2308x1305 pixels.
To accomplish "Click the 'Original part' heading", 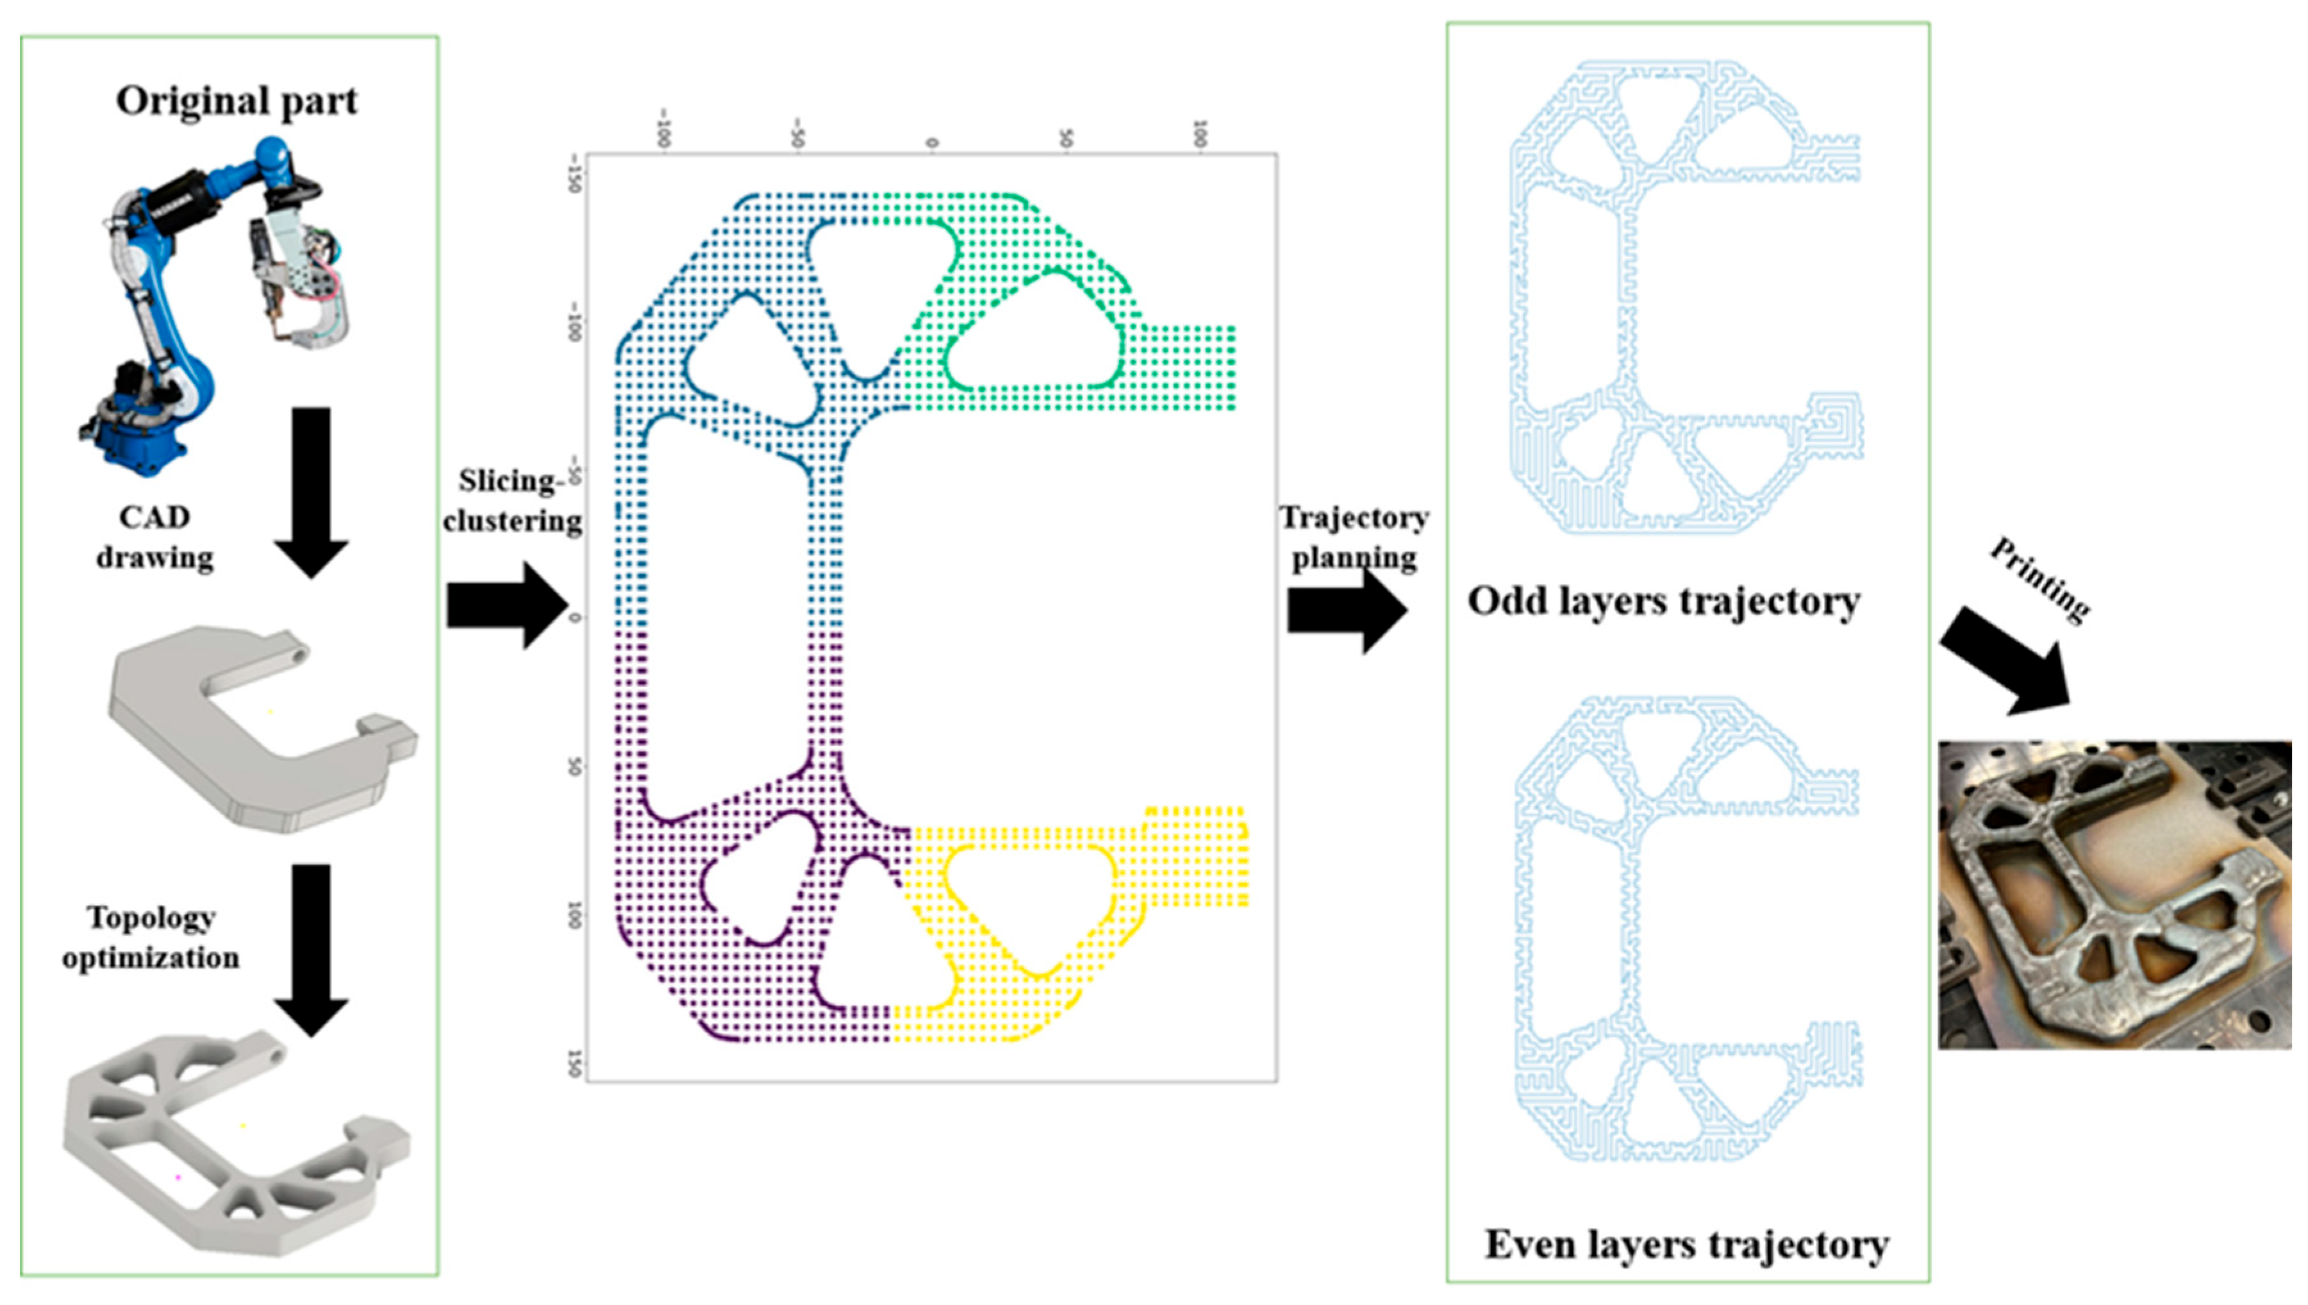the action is tap(237, 101).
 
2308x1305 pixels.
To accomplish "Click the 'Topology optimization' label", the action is tap(151, 938).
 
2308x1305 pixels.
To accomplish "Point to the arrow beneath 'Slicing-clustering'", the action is tap(507, 605).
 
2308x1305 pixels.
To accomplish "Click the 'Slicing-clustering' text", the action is tap(513, 500).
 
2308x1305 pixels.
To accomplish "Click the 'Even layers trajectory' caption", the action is tap(1686, 1243).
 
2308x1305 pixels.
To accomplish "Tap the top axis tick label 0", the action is tap(932, 142).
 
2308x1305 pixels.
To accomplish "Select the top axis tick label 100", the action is tap(1200, 135).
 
